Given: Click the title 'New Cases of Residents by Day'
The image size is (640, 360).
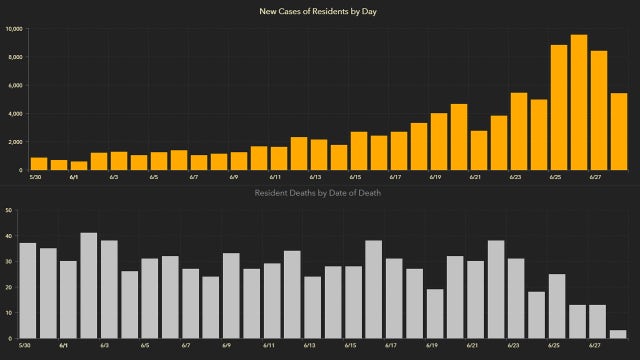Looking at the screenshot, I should [x=319, y=11].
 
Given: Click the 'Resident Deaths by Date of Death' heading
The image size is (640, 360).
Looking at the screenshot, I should [x=319, y=192].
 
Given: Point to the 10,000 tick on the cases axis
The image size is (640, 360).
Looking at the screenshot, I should [x=15, y=28].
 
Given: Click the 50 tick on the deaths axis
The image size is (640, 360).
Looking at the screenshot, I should [x=8, y=211].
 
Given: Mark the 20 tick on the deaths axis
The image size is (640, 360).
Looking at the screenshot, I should [x=8, y=288].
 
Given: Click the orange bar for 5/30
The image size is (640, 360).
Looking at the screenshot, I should [x=39, y=164].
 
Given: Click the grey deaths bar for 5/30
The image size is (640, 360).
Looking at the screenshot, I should [x=28, y=291].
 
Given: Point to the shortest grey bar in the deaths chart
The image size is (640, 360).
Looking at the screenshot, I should [x=618, y=335].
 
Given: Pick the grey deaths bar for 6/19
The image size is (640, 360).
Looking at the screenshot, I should [x=434, y=314].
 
